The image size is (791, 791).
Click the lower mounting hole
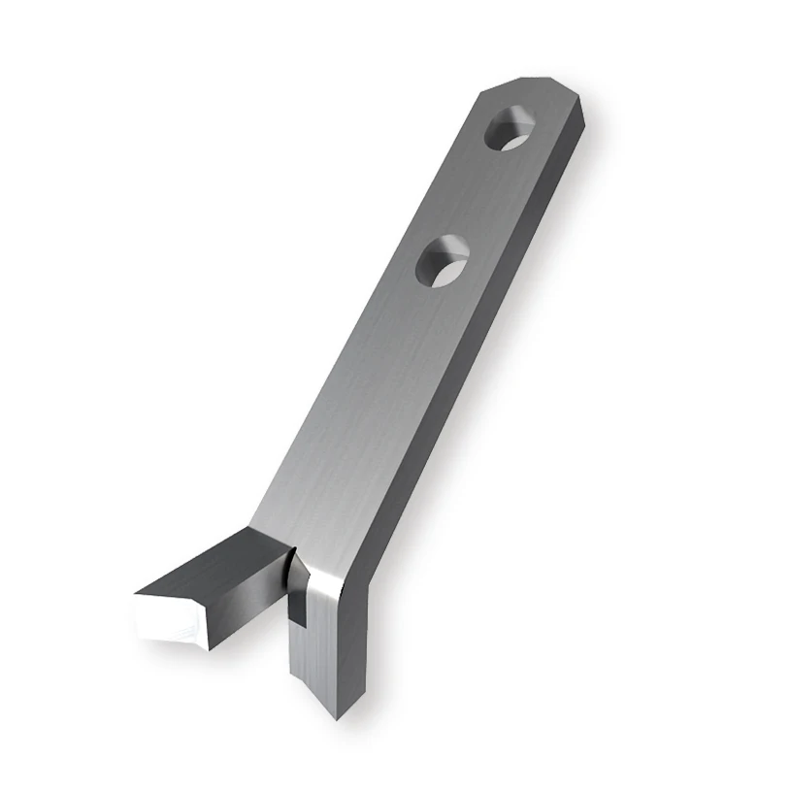point(444,261)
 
